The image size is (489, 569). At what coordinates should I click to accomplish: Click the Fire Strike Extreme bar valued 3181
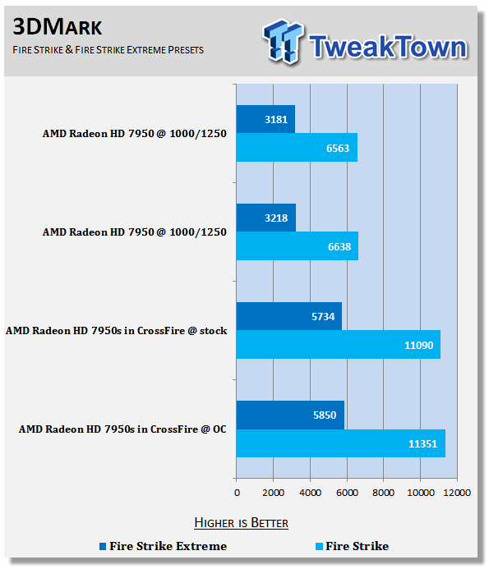point(265,119)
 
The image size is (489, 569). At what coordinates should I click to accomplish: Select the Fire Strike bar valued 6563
point(297,147)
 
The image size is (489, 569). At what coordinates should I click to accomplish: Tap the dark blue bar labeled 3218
point(266,218)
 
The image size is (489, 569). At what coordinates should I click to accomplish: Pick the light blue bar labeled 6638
point(298,246)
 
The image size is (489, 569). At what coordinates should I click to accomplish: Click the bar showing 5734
point(289,316)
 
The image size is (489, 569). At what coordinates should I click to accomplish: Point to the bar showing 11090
point(339,344)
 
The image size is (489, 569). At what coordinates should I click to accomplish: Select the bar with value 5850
point(290,415)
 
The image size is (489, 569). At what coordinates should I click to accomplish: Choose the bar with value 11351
point(341,443)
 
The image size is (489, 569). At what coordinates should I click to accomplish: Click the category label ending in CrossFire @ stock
point(116,331)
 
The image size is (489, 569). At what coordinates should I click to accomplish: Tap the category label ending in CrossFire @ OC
point(122,429)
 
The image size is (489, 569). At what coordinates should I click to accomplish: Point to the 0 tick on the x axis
point(237,493)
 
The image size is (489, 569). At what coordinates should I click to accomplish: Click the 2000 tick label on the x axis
point(273,493)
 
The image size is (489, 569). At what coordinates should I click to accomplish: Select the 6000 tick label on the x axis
point(347,493)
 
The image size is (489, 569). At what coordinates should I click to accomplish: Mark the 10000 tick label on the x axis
point(420,493)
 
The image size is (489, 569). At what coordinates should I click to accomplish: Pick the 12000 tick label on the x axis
point(457,493)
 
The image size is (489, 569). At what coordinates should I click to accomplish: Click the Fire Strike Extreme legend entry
point(163,546)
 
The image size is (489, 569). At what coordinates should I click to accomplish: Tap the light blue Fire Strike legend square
point(319,546)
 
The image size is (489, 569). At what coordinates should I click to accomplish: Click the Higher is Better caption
point(242,523)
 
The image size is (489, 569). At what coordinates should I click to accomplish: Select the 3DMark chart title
point(58,27)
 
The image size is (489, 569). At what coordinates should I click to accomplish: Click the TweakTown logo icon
point(283,42)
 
